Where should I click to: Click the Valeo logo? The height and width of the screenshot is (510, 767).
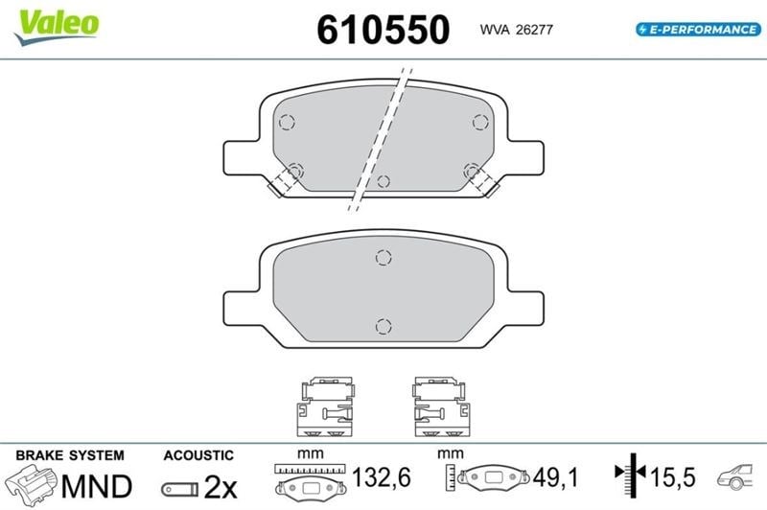58,27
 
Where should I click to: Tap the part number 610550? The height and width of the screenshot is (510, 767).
383,30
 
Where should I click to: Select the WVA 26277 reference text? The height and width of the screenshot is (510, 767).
516,30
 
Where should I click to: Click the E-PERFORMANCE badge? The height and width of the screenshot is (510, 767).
699,30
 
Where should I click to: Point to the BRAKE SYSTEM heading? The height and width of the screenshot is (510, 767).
70,455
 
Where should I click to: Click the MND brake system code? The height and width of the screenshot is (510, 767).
97,486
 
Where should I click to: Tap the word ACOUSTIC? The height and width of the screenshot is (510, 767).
198,455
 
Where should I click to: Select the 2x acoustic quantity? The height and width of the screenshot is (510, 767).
221,487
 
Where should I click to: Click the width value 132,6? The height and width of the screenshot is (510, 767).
382,476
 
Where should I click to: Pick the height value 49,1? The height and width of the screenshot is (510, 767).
556,476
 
